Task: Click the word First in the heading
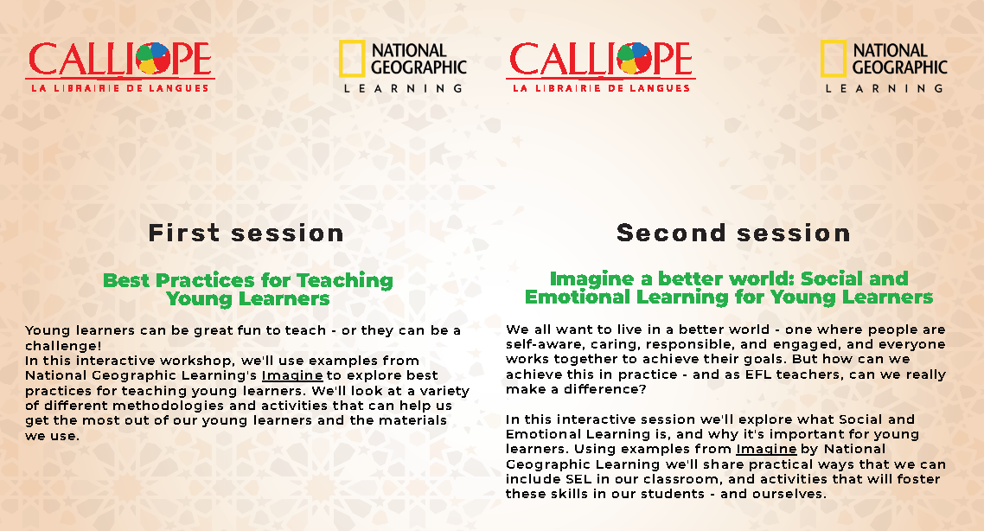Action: [184, 234]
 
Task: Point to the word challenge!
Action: [63, 346]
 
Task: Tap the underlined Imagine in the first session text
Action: [291, 376]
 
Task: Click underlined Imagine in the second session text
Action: [766, 450]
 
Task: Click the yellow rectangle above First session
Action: [351, 59]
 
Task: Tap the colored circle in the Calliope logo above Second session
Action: [635, 59]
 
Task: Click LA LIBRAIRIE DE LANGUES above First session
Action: [120, 88]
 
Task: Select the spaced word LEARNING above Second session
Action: [885, 88]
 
